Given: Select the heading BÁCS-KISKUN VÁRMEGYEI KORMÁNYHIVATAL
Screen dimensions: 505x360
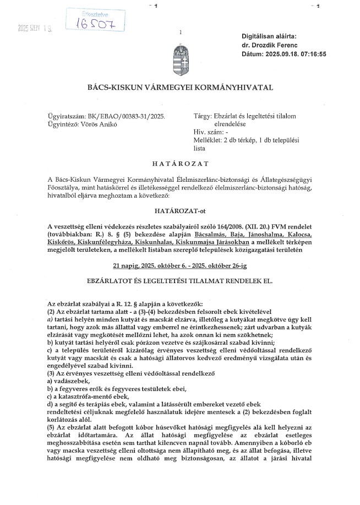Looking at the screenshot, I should pos(180,88).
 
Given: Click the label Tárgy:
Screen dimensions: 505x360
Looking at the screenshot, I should pos(204,117).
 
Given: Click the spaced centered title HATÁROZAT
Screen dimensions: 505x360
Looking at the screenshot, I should pos(179,164).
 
